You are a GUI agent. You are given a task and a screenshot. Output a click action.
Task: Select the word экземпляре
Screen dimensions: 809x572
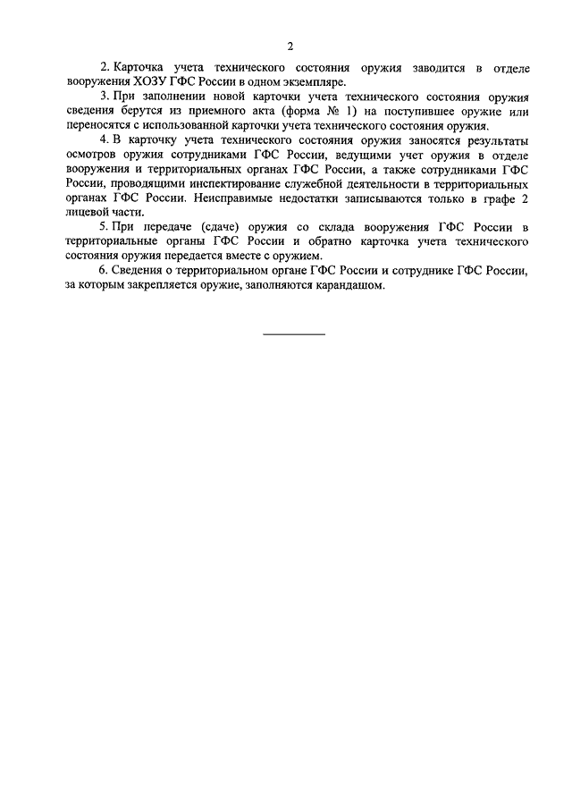[307, 82]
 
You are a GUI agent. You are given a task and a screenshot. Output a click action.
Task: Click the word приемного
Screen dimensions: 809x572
[257, 112]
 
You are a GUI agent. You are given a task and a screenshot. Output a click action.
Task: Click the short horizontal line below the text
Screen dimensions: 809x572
[294, 333]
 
